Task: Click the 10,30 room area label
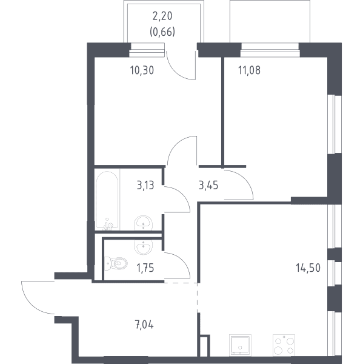(142, 70)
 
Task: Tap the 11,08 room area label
(249, 70)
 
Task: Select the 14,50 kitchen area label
(308, 268)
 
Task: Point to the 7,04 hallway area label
(144, 325)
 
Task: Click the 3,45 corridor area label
(208, 186)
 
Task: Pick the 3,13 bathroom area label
(145, 186)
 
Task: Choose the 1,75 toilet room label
(145, 268)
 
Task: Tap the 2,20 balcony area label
(162, 16)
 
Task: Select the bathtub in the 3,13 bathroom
(107, 201)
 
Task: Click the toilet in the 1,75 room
(116, 263)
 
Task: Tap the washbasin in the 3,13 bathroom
(143, 223)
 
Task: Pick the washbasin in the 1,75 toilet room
(144, 247)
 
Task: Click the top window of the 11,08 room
(270, 50)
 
